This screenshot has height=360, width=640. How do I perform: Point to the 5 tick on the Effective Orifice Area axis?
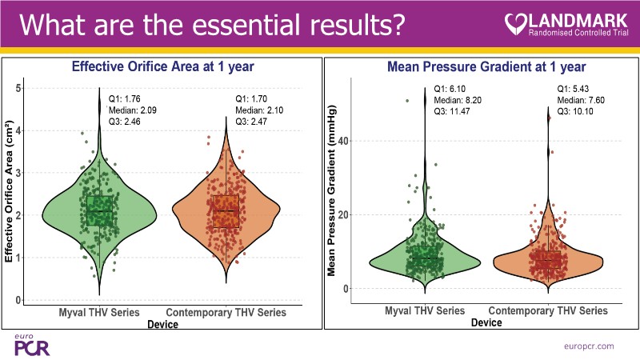(19, 87)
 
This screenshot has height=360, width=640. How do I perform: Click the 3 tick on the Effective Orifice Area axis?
(19, 172)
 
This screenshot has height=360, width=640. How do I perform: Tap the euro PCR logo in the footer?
(26, 345)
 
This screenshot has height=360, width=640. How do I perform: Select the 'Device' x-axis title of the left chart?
(163, 323)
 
